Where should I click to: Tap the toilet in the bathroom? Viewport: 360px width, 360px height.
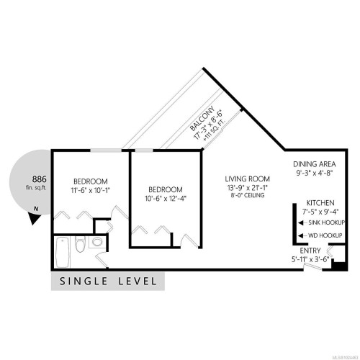pyautogui.click(x=81, y=243)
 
